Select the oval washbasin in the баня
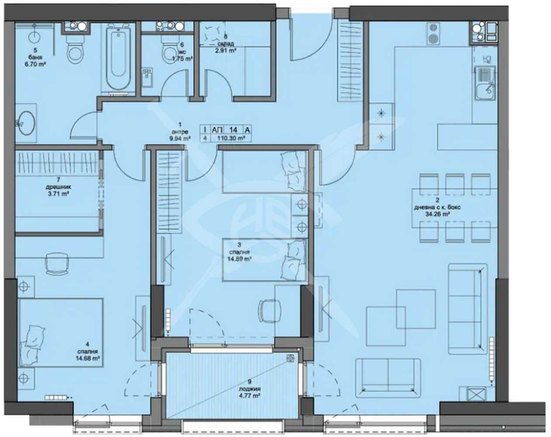[x=26, y=123]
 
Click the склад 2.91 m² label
[x=225, y=47]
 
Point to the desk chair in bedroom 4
[x=57, y=264]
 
